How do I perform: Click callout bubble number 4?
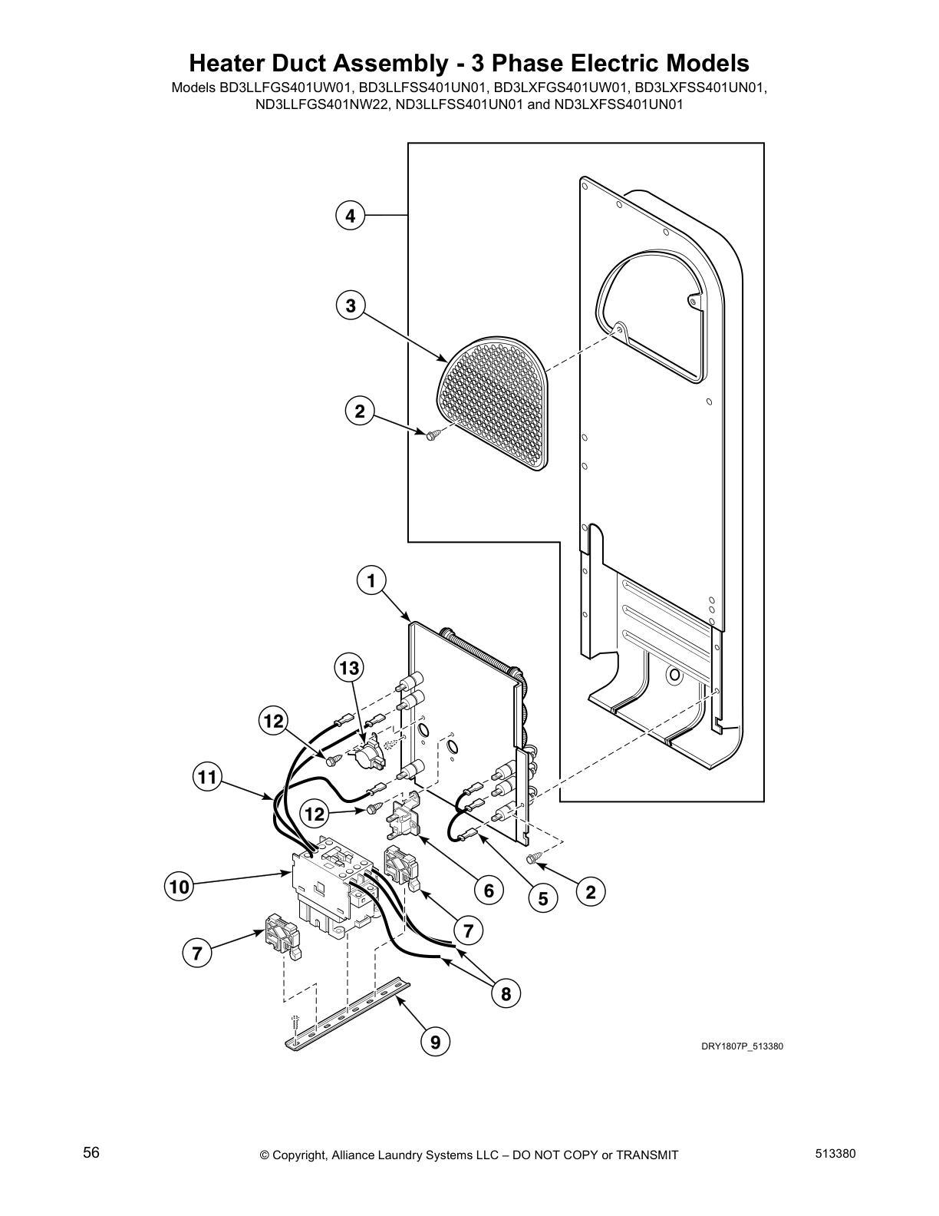pyautogui.click(x=350, y=216)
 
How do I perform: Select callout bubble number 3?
pyautogui.click(x=350, y=306)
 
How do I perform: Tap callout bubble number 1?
pyautogui.click(x=371, y=581)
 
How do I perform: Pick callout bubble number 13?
pyautogui.click(x=349, y=669)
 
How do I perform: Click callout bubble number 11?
pyautogui.click(x=206, y=778)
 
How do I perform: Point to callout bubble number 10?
pyautogui.click(x=179, y=887)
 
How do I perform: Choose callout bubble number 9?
pyautogui.click(x=435, y=1042)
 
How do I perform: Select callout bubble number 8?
pyautogui.click(x=506, y=994)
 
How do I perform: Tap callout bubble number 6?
pyautogui.click(x=488, y=891)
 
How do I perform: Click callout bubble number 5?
pyautogui.click(x=543, y=898)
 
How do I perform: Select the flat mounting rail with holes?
pyautogui.click(x=349, y=1013)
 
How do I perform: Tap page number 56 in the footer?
pyautogui.click(x=91, y=1153)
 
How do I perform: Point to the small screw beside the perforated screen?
pyautogui.click(x=431, y=435)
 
